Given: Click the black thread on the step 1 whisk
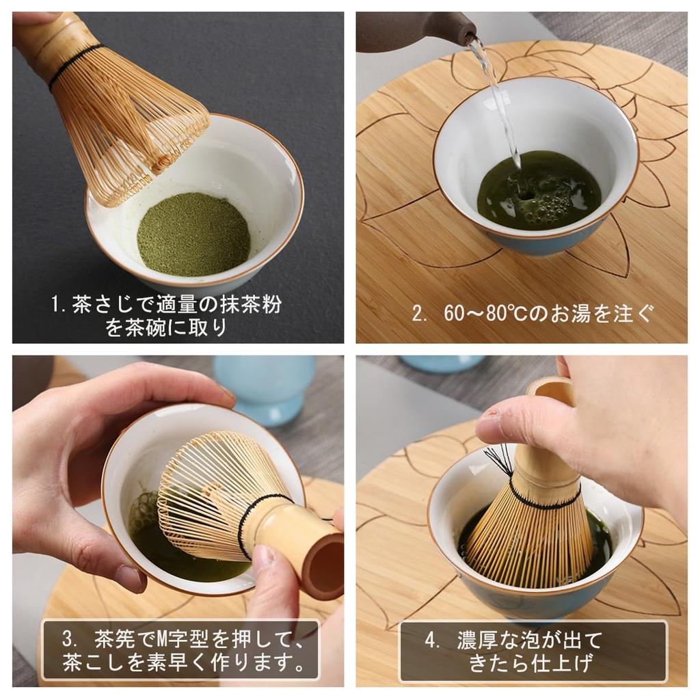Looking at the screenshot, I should [75, 66].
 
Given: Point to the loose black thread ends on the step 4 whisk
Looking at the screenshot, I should [501, 457].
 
